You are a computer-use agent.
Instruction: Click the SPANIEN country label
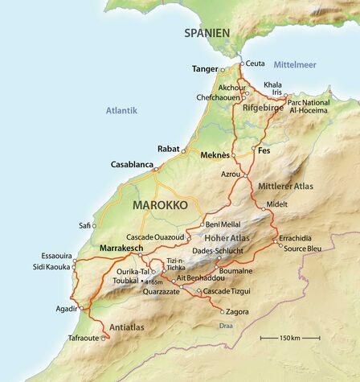[x=207, y=33]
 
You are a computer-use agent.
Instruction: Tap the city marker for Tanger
[x=223, y=70]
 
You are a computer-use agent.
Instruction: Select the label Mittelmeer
[x=296, y=64]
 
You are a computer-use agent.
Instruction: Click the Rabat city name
[x=168, y=149]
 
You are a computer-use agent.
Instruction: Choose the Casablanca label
[x=132, y=165]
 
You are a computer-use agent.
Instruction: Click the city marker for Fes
[x=254, y=150]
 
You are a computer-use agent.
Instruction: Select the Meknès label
[x=215, y=154]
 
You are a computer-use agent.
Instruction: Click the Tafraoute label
[x=84, y=339]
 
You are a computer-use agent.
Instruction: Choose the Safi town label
[x=86, y=225]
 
